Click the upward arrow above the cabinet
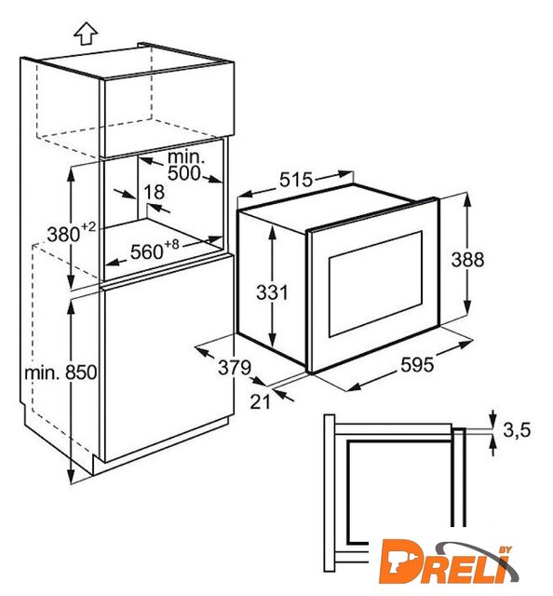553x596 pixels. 86,34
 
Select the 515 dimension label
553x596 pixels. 296,180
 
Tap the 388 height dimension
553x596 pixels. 467,260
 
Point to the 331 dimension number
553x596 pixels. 272,292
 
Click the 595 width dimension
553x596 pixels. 417,365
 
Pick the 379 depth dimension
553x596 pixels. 235,367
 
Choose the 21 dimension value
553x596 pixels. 260,401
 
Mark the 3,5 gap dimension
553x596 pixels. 517,430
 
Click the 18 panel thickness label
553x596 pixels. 154,192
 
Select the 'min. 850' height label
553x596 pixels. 61,372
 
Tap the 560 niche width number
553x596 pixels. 146,251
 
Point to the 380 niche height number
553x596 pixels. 63,235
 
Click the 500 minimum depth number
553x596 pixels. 184,173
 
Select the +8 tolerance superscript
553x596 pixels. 171,244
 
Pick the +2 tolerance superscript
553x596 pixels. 88,227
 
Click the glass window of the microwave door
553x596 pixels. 375,283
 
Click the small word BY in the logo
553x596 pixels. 505,549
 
